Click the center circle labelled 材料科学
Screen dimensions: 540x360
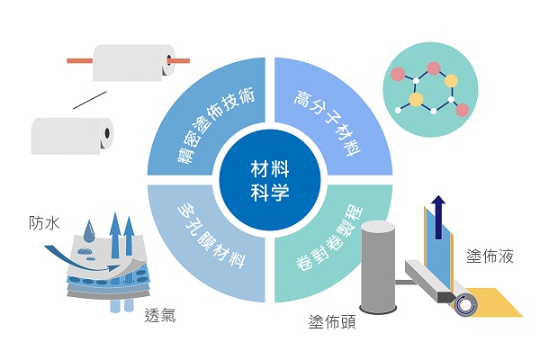point(270,180)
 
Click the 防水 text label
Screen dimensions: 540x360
point(44,223)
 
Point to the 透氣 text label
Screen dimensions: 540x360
point(160,315)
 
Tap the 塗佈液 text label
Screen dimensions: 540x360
point(490,256)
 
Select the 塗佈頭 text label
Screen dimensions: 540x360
point(332,322)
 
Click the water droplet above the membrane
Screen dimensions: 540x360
point(89,230)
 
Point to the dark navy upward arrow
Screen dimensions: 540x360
point(438,218)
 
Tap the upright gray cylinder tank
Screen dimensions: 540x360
point(378,267)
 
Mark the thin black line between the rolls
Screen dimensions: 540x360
point(89,100)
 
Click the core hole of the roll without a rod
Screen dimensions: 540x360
point(107,133)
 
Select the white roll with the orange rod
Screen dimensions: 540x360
point(133,62)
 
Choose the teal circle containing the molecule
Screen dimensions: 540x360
point(430,90)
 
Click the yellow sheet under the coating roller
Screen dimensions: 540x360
point(496,303)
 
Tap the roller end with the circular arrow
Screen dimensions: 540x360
point(466,305)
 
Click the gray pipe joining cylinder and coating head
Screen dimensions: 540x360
point(407,282)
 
